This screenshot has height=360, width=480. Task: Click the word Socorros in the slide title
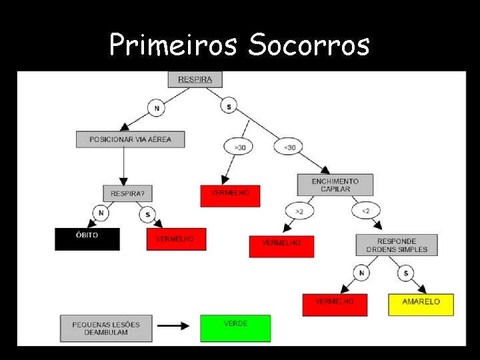click(308, 45)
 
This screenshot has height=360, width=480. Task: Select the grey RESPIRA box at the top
click(195, 79)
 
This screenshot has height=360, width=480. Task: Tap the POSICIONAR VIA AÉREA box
click(130, 139)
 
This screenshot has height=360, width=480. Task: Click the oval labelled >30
click(239, 147)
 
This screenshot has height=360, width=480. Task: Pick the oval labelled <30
click(289, 147)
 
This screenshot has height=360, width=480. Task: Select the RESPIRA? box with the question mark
click(127, 193)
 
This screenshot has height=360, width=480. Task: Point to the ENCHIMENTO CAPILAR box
click(335, 185)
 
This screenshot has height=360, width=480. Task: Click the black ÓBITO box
click(87, 239)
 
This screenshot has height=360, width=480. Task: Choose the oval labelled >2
click(299, 211)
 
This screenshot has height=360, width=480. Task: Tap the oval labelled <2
click(365, 211)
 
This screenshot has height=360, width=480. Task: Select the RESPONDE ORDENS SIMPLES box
click(397, 245)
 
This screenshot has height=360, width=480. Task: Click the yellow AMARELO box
click(421, 304)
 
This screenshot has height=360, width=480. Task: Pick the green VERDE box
click(235, 327)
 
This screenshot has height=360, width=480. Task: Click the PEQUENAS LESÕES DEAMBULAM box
click(107, 328)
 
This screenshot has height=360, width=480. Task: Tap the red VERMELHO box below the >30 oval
click(230, 195)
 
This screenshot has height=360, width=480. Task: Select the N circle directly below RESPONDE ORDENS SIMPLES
click(361, 272)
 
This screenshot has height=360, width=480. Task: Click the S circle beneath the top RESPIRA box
click(229, 107)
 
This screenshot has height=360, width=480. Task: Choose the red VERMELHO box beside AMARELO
click(335, 304)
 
